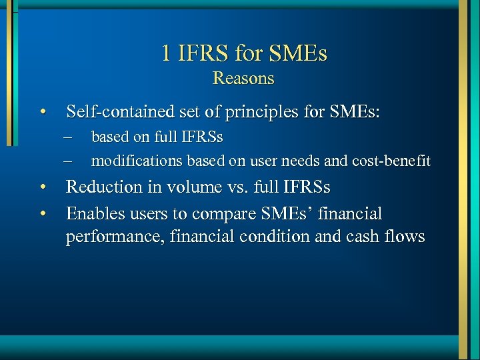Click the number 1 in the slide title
pyautogui.click(x=166, y=53)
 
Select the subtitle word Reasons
pyautogui.click(x=243, y=78)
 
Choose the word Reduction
pyautogui.click(x=103, y=187)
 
